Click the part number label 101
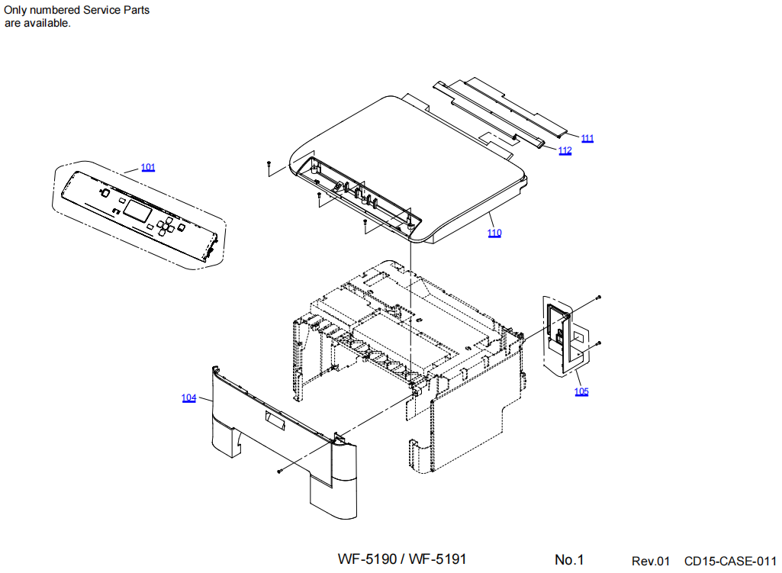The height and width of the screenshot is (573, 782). (x=148, y=167)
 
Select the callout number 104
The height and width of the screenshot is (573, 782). (x=188, y=398)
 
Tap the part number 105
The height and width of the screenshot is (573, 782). (x=581, y=391)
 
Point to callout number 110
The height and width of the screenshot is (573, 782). (x=495, y=233)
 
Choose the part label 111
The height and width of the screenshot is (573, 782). (x=587, y=138)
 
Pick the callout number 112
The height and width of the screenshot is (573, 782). (x=565, y=150)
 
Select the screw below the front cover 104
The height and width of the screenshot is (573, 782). (x=281, y=472)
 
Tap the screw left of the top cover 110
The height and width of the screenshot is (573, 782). (x=269, y=163)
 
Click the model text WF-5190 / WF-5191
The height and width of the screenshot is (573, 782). (x=402, y=559)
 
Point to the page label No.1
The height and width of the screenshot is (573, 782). (x=569, y=560)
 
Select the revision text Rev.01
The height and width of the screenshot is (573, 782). (x=651, y=561)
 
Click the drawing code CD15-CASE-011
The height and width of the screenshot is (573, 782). (x=730, y=561)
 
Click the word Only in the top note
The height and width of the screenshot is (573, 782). (x=18, y=10)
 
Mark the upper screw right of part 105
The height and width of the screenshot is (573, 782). (x=599, y=296)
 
